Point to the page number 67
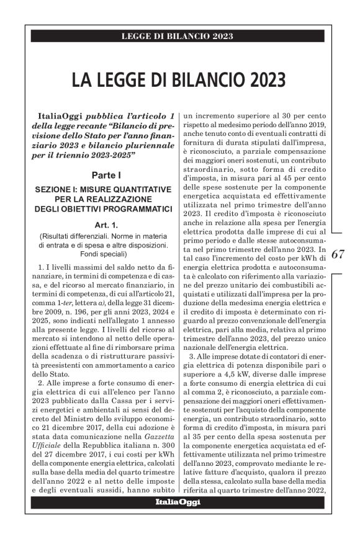coord(338,254)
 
